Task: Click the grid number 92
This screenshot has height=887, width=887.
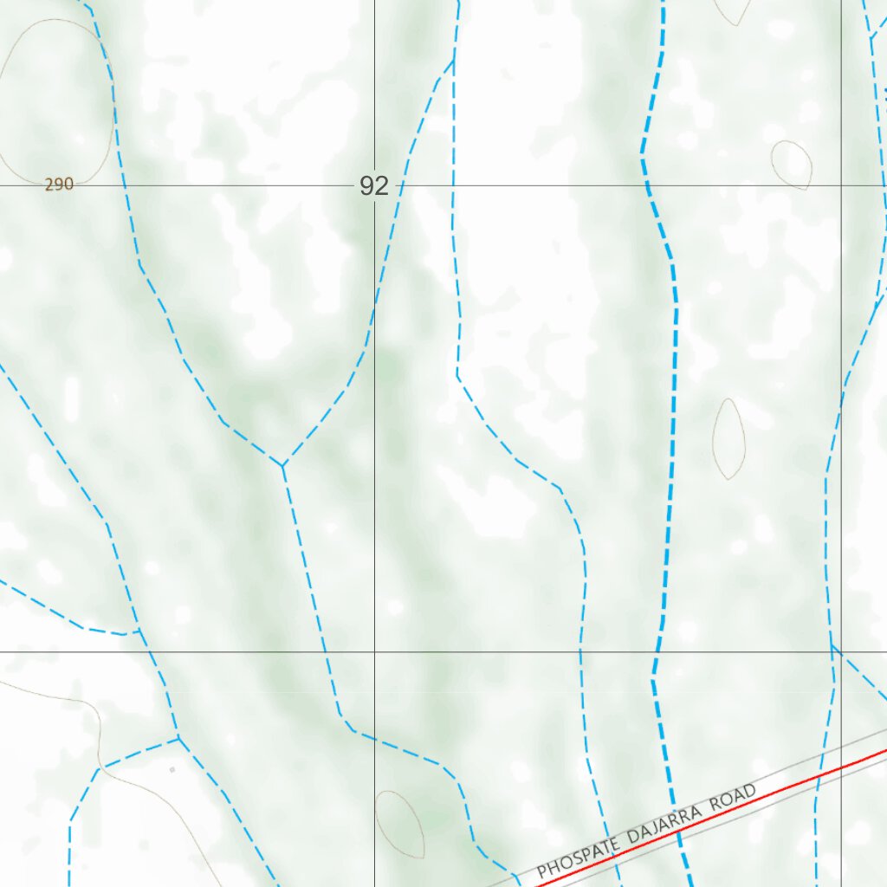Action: (374, 185)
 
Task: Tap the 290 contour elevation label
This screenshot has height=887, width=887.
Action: (59, 185)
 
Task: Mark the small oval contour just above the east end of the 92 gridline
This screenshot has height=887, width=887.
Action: (792, 165)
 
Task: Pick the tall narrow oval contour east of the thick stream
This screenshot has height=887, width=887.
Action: (728, 439)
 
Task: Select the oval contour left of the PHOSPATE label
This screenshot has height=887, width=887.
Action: (399, 823)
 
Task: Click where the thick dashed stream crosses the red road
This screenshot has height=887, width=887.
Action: (677, 832)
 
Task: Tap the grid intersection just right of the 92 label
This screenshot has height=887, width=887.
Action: (375, 185)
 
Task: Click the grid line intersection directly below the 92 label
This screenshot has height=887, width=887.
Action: (375, 651)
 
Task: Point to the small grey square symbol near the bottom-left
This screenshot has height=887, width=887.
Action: (172, 769)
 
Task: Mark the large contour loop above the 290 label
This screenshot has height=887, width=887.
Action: (57, 100)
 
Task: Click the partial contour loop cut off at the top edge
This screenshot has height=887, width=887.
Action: (733, 10)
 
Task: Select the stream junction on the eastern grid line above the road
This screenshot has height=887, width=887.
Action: (832, 645)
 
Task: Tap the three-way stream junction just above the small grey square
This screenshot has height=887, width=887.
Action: (178, 738)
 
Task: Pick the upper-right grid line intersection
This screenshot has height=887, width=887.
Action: (842, 185)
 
